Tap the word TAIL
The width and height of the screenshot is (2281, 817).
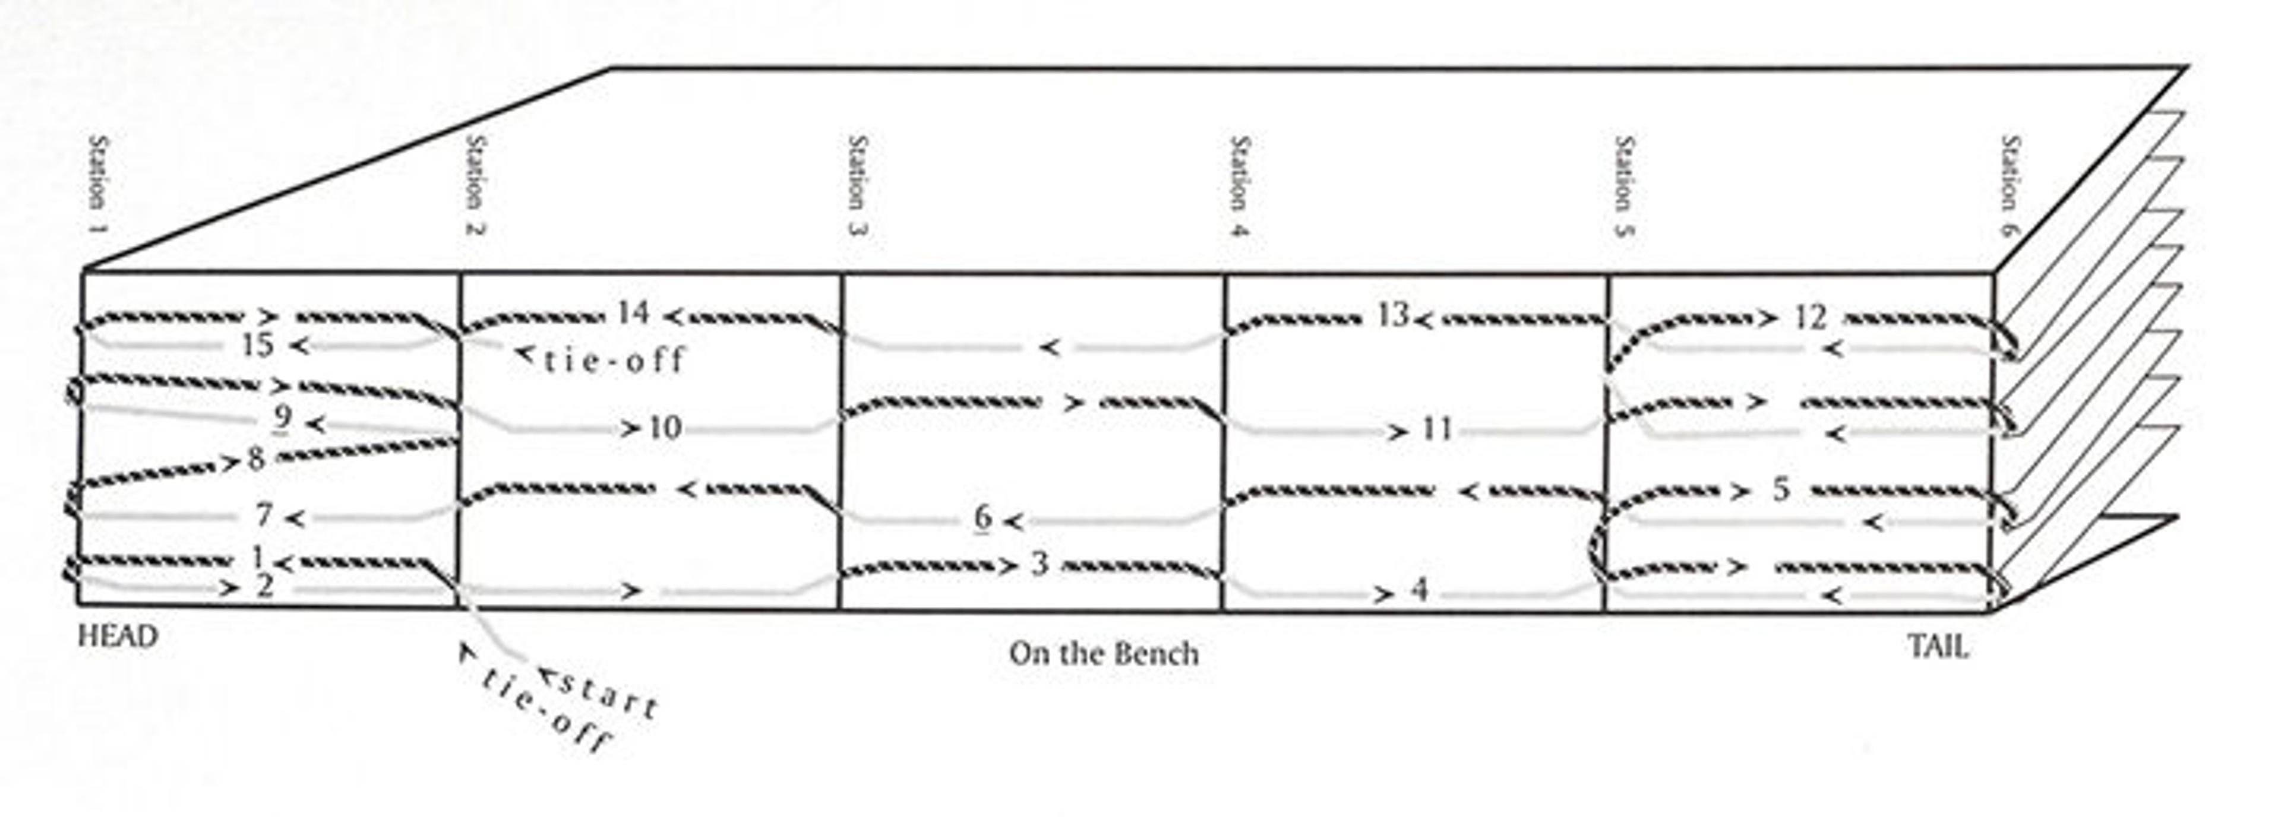(x=1938, y=647)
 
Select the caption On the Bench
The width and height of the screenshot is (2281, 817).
(x=1103, y=654)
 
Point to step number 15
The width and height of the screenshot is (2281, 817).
(x=258, y=344)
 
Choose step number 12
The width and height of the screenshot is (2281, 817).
(x=1811, y=317)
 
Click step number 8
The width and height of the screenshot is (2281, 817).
(x=256, y=458)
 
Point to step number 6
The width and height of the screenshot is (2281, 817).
(x=982, y=518)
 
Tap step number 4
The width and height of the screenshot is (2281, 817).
(x=1418, y=590)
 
